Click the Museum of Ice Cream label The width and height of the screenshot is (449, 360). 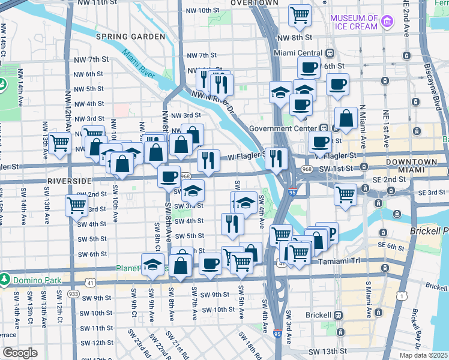(x=354, y=23)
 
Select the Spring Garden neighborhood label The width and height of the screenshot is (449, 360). (x=130, y=37)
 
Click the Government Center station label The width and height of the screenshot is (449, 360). (x=283, y=128)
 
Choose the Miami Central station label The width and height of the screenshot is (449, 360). (x=294, y=53)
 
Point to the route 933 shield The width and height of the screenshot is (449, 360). (x=73, y=293)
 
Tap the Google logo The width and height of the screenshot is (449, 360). (x=20, y=352)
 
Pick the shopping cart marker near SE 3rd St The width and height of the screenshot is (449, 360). (x=346, y=195)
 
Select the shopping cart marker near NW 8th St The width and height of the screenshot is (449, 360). (x=300, y=15)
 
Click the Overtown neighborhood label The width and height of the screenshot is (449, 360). (x=255, y=3)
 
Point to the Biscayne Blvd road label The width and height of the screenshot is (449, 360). (x=430, y=72)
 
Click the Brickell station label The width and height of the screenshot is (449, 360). (x=318, y=315)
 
